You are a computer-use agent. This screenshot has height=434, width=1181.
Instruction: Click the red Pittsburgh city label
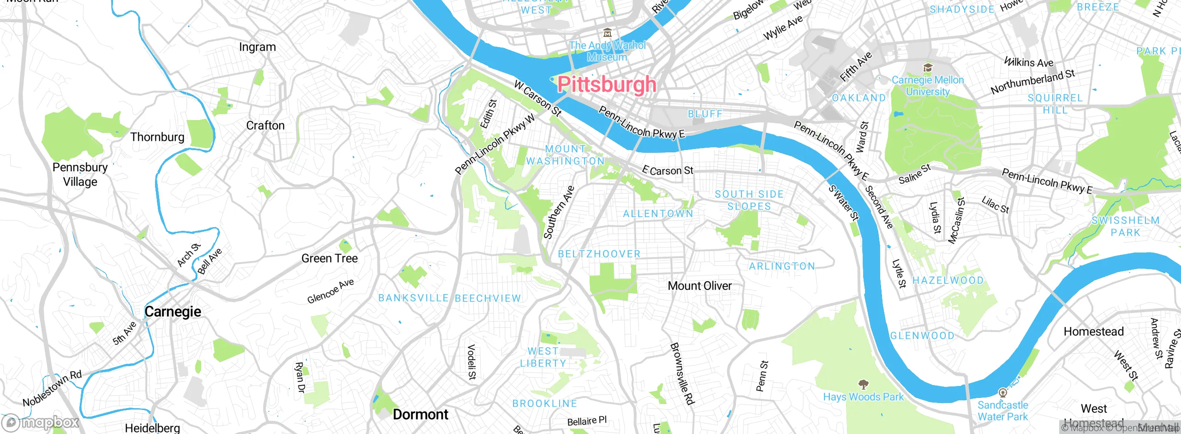606,84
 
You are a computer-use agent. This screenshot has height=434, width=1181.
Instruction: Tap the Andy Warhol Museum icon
608,33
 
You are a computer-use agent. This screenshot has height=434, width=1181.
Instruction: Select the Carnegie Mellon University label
928,85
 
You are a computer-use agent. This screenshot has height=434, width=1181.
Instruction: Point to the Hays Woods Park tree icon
863,384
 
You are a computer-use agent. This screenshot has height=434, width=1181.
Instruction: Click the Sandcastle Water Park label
1003,410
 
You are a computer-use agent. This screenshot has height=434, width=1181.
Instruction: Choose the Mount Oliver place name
699,286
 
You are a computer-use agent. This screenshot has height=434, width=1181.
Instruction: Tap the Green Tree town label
329,259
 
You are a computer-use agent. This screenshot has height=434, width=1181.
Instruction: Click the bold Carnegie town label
173,312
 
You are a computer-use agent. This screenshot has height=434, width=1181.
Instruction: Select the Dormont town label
420,414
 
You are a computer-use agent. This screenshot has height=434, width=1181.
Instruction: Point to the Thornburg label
157,137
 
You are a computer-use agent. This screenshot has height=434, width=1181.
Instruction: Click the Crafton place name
265,126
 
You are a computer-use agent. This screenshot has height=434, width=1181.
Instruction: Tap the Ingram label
257,47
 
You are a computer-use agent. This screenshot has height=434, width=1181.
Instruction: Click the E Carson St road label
668,170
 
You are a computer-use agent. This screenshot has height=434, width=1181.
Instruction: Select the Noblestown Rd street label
52,388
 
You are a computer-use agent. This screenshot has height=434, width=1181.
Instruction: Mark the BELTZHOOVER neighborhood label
599,254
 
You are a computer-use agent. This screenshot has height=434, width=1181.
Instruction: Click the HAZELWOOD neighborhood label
948,281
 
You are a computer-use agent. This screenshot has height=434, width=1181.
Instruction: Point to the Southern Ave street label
559,212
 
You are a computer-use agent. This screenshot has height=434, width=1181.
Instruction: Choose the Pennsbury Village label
80,175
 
